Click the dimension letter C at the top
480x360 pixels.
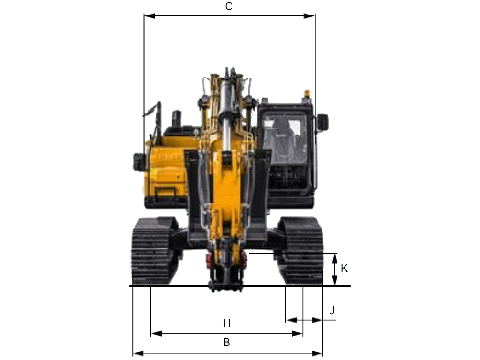pos(229,7)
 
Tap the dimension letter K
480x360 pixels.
pos(344,269)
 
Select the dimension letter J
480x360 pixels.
pos(332,310)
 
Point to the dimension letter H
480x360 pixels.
pos(227,323)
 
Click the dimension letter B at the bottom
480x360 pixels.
pos(226,342)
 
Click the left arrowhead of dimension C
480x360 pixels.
pos(150,16)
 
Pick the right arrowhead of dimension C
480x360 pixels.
pos(309,16)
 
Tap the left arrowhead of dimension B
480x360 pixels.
pos(138,353)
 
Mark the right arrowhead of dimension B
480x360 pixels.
pos(317,353)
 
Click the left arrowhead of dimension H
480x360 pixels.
pos(157,333)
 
